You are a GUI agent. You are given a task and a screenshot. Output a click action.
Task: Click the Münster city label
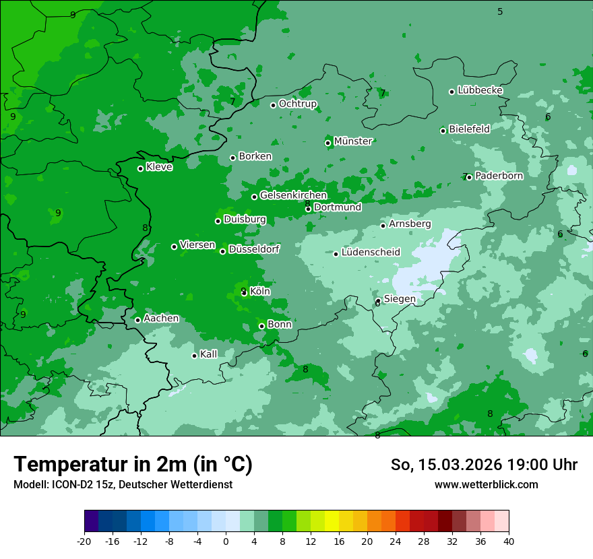[x=353, y=141]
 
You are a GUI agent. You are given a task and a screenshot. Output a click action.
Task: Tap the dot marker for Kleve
[x=140, y=168]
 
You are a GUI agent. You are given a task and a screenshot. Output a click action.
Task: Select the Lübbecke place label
[x=480, y=90]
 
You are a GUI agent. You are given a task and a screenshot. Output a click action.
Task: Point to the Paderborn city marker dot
[x=469, y=177]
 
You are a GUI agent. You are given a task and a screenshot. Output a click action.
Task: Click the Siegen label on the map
[x=400, y=299]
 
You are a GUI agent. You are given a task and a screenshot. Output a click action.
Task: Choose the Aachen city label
[x=161, y=319]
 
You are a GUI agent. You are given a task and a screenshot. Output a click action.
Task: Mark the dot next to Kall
[x=194, y=356]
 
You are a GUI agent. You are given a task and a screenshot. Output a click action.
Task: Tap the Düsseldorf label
[x=254, y=249]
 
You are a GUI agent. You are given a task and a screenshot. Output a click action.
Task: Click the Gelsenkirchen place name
[x=293, y=195]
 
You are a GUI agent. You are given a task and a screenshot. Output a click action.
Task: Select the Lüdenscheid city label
[x=371, y=253]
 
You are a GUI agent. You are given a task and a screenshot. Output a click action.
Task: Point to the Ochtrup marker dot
[x=273, y=105]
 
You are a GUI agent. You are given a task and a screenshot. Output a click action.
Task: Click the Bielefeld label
[x=469, y=129]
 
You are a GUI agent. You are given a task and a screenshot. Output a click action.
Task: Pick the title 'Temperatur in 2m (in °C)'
[x=133, y=465]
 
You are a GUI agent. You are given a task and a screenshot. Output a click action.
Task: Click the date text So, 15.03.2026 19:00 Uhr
[x=484, y=465]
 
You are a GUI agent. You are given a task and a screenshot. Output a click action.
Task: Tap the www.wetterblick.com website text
[x=486, y=484]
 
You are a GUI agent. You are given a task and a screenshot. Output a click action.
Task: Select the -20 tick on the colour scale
[x=84, y=541]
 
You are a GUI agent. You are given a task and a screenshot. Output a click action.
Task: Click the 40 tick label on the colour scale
[x=509, y=541]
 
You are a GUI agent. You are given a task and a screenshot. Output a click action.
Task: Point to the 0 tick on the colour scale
[x=226, y=541]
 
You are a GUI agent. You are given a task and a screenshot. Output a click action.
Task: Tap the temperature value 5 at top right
[x=500, y=11]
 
